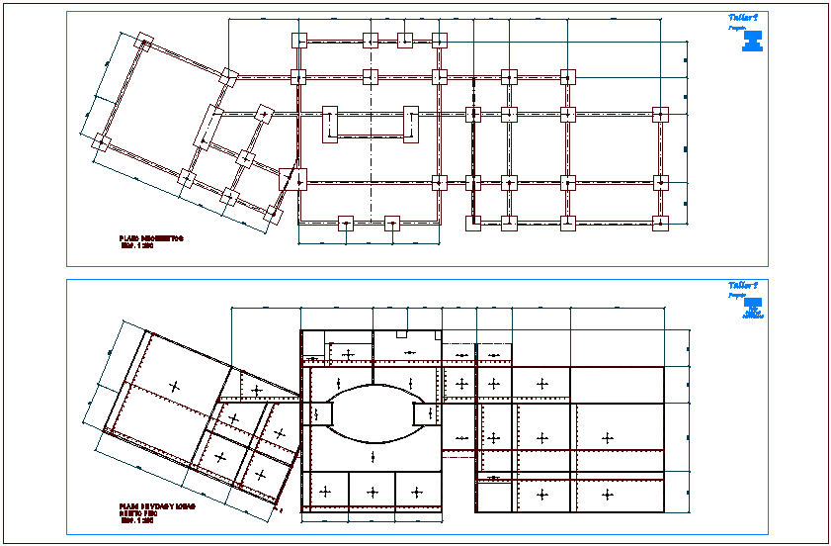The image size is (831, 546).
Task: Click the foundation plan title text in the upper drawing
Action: pyautogui.click(x=151, y=239)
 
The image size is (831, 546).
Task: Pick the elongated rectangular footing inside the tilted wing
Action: pyautogui.click(x=210, y=126)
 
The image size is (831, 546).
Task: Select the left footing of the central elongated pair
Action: pyautogui.click(x=330, y=124)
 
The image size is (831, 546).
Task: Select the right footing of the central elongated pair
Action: pyautogui.click(x=409, y=124)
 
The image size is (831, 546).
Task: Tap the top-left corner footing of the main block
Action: pyautogui.click(x=299, y=41)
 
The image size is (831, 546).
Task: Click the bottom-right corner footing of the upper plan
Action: pyautogui.click(x=659, y=222)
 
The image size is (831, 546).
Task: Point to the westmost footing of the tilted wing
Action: pyautogui.click(x=100, y=143)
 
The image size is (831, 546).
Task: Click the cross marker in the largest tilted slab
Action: pyautogui.click(x=175, y=386)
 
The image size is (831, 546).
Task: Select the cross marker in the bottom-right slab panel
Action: pyautogui.click(x=608, y=494)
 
